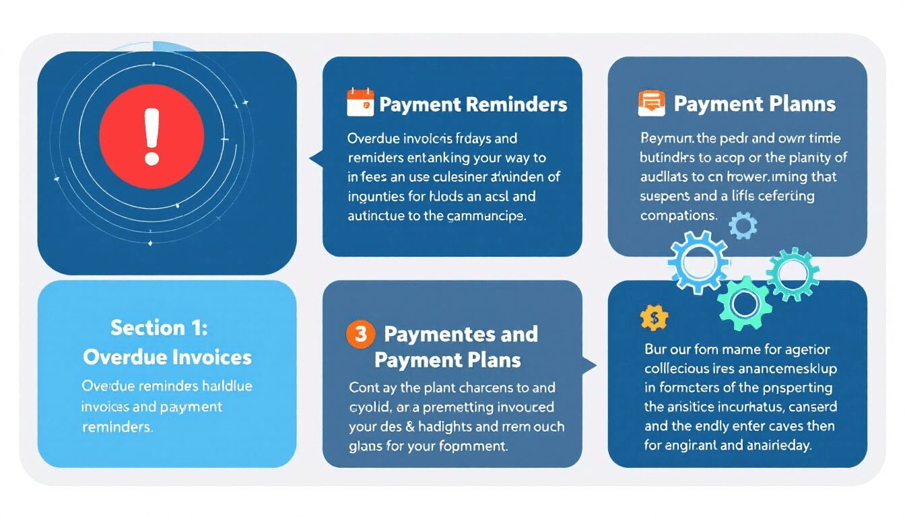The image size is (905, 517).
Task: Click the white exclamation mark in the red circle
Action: coord(152,137)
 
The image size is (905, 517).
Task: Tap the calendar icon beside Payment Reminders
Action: coord(360,103)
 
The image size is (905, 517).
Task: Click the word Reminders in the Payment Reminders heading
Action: coord(516,104)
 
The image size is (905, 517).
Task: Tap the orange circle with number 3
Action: coord(360,334)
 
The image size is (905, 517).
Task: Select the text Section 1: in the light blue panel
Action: coord(160,328)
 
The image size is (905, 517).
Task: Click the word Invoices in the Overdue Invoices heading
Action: coord(214,357)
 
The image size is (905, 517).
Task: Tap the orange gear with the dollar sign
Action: coord(653,316)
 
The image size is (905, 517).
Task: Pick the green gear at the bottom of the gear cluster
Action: coord(743,304)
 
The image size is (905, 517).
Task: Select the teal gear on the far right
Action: coord(793,273)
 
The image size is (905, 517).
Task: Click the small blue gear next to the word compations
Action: coord(743,226)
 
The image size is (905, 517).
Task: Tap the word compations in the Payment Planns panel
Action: coord(677,216)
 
